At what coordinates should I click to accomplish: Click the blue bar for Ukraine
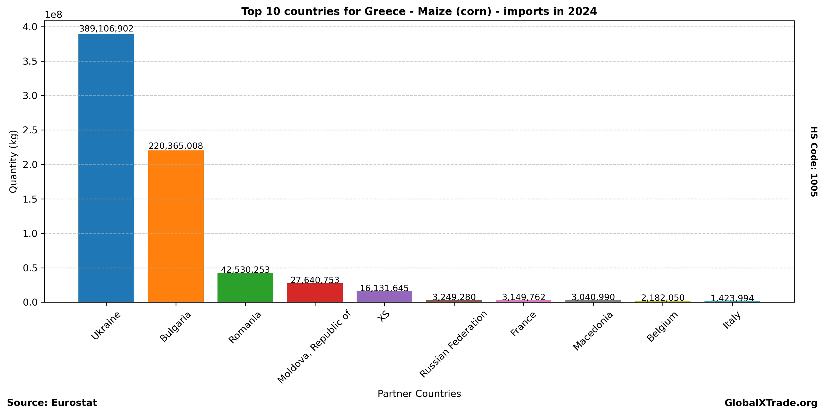pos(106,168)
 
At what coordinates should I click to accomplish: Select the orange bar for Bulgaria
pos(176,226)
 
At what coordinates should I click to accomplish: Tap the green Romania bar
pos(245,287)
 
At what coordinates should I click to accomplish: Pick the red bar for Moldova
pos(315,292)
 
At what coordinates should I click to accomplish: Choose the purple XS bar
pos(384,296)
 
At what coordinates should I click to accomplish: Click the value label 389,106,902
pos(106,29)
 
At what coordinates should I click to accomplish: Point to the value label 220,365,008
pos(176,146)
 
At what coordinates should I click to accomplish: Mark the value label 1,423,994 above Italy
pos(732,298)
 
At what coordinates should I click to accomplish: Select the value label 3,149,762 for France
pos(524,297)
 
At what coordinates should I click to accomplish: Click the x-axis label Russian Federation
pos(454,344)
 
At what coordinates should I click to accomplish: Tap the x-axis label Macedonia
pos(593,331)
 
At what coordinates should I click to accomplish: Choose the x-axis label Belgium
pos(662,326)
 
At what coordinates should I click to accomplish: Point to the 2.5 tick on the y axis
pos(30,130)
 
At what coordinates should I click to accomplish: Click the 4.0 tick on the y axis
pos(30,27)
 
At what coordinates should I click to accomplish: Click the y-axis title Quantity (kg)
pos(13,162)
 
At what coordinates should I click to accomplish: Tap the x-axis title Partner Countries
pos(419,394)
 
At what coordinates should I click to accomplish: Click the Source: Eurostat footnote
pos(52,402)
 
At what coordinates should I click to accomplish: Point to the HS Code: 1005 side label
pos(814,162)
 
